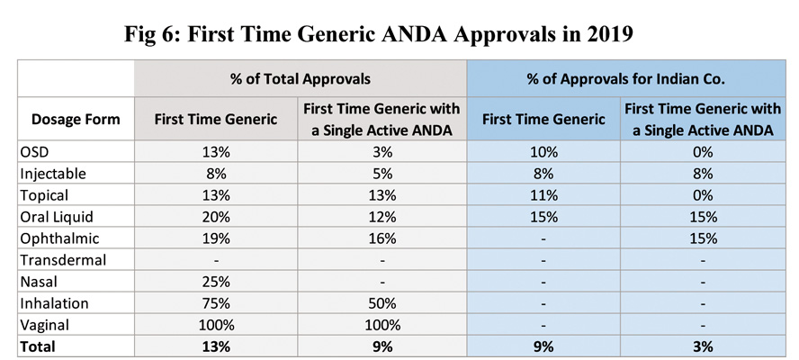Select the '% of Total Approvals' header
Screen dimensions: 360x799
[301, 76]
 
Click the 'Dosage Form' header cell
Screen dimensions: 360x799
[76, 119]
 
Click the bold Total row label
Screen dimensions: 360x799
[38, 346]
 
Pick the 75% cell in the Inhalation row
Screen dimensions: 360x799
[217, 302]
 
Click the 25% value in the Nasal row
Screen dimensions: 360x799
[217, 281]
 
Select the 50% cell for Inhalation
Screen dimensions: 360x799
[382, 302]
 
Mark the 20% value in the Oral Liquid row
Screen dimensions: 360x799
[217, 217]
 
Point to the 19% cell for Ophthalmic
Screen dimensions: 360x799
[217, 238]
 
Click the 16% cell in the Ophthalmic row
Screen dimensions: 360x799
[382, 238]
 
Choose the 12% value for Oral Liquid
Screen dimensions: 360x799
[382, 217]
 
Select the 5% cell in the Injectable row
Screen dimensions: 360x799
[382, 174]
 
